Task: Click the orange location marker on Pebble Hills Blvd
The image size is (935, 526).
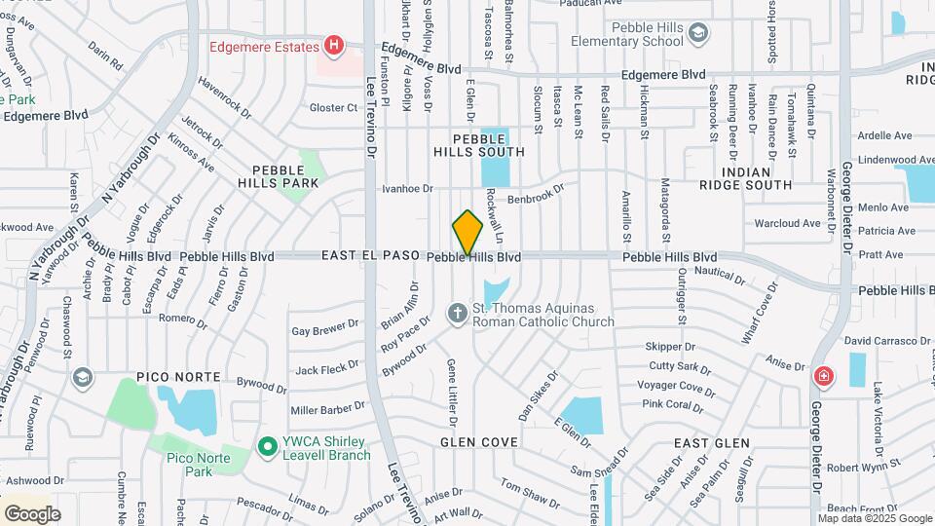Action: [x=467, y=234]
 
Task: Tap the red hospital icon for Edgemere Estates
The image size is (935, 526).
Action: [x=335, y=46]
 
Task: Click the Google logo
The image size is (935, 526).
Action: [x=32, y=513]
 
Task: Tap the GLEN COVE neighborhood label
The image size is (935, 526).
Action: [x=478, y=442]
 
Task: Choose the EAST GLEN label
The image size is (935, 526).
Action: [x=712, y=443]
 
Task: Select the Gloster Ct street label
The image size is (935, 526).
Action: [x=334, y=107]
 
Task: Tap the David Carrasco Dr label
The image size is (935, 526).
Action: [x=887, y=341]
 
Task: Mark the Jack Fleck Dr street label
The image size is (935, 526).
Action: [x=327, y=369]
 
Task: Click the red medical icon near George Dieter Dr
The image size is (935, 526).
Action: [x=824, y=375]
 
